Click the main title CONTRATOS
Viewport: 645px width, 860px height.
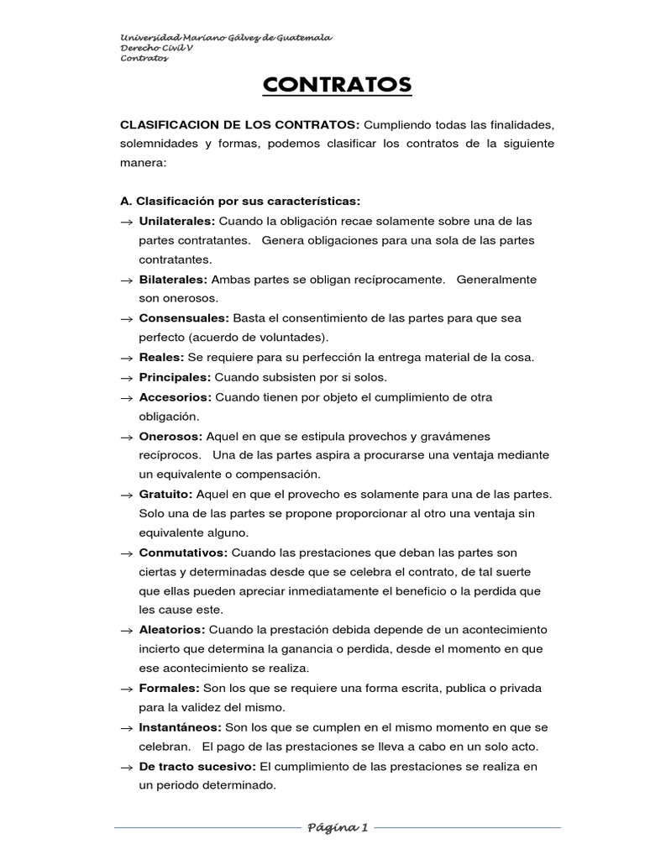(x=338, y=85)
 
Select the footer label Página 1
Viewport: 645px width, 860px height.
(x=338, y=827)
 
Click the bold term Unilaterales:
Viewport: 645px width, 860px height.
(x=177, y=221)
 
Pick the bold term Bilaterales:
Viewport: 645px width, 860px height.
(x=173, y=279)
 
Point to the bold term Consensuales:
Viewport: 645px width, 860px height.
(x=184, y=318)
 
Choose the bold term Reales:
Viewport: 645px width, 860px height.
(x=160, y=357)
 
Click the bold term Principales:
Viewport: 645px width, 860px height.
(x=175, y=377)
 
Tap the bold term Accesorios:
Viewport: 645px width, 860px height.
(x=176, y=396)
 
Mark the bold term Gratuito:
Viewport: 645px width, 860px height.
(x=166, y=494)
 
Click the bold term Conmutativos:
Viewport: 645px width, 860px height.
(x=183, y=553)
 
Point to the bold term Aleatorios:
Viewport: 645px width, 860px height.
(x=172, y=629)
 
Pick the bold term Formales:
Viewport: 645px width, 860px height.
(x=169, y=688)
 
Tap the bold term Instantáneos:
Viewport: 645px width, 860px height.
(x=180, y=727)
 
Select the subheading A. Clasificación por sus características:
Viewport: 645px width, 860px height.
(x=241, y=202)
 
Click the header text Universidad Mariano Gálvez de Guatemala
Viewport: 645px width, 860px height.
(x=227, y=38)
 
